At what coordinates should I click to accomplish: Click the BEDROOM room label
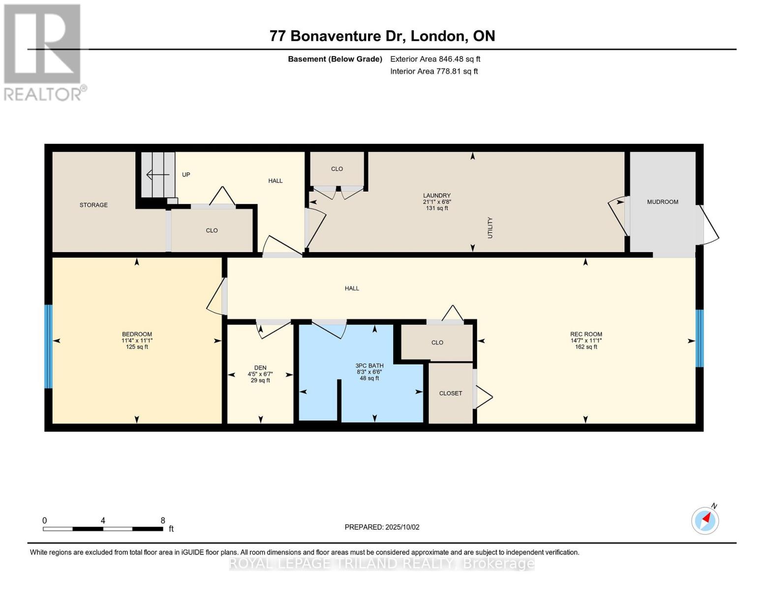pyautogui.click(x=137, y=334)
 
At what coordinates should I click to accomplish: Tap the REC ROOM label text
pyautogui.click(x=586, y=334)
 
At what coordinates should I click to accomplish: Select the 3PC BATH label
pyautogui.click(x=369, y=365)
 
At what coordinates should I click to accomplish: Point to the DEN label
pyautogui.click(x=260, y=367)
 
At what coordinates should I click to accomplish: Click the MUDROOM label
pyautogui.click(x=662, y=202)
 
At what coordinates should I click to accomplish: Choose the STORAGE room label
pyautogui.click(x=93, y=205)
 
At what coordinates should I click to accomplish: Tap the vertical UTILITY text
pyautogui.click(x=490, y=228)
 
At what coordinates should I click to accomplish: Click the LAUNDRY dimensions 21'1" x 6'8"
pyautogui.click(x=437, y=202)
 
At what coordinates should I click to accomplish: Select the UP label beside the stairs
pyautogui.click(x=186, y=174)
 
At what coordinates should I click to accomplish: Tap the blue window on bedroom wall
pyautogui.click(x=48, y=346)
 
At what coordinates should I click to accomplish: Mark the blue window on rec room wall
pyautogui.click(x=699, y=338)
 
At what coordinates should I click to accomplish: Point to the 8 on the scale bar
pyautogui.click(x=162, y=521)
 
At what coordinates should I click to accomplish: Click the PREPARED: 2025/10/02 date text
pyautogui.click(x=382, y=527)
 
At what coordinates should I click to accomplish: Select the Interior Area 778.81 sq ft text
pyautogui.click(x=434, y=71)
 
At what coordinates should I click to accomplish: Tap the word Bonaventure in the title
pyautogui.click(x=336, y=36)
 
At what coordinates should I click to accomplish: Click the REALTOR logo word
pyautogui.click(x=42, y=94)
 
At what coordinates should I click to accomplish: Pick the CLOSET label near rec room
pyautogui.click(x=450, y=393)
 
